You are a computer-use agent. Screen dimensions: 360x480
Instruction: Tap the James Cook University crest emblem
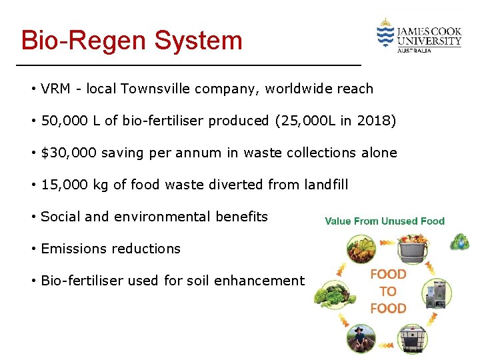pos(385,33)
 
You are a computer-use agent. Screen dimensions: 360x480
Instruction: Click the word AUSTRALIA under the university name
pos(414,50)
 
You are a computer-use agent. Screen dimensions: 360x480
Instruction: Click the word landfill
pos(323,185)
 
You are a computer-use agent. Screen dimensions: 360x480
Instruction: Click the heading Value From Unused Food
pos(385,221)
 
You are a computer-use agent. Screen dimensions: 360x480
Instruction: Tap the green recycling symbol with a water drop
pos(459,243)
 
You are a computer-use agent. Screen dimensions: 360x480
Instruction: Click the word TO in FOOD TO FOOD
pos(388,291)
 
